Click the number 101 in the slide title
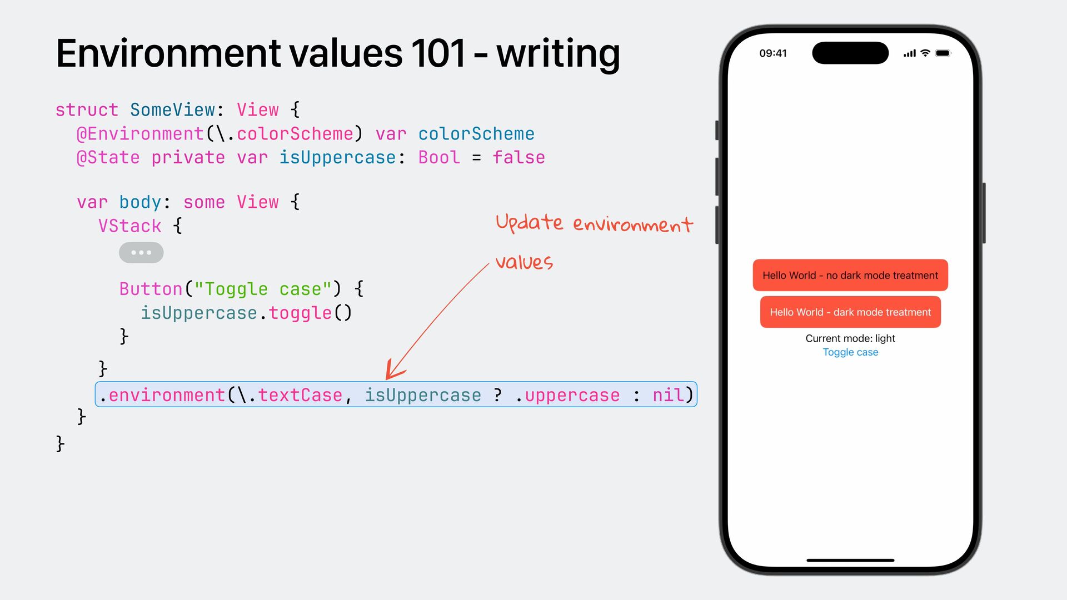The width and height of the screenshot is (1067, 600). (x=438, y=54)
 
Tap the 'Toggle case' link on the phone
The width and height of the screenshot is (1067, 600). (x=850, y=352)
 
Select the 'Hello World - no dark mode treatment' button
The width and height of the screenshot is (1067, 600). (x=850, y=275)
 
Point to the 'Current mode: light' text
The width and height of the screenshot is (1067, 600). (x=850, y=338)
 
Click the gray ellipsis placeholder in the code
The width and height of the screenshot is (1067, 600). (x=141, y=253)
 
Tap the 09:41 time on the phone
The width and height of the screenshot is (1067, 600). (x=773, y=53)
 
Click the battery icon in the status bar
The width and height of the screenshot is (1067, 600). (x=943, y=53)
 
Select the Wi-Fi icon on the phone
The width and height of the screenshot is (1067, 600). (x=925, y=53)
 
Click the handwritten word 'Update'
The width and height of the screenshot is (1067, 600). (x=529, y=223)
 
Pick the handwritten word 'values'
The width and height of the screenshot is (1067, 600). (x=524, y=262)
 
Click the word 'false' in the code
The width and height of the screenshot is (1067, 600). (x=518, y=158)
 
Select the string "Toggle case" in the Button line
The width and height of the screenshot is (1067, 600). (x=263, y=289)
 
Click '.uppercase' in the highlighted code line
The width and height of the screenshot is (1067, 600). (x=567, y=395)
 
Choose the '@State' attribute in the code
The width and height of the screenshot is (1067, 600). (x=108, y=158)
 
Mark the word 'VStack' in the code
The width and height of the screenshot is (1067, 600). (x=129, y=226)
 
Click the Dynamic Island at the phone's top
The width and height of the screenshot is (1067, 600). (x=850, y=53)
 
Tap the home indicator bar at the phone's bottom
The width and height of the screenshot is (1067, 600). (x=850, y=560)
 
